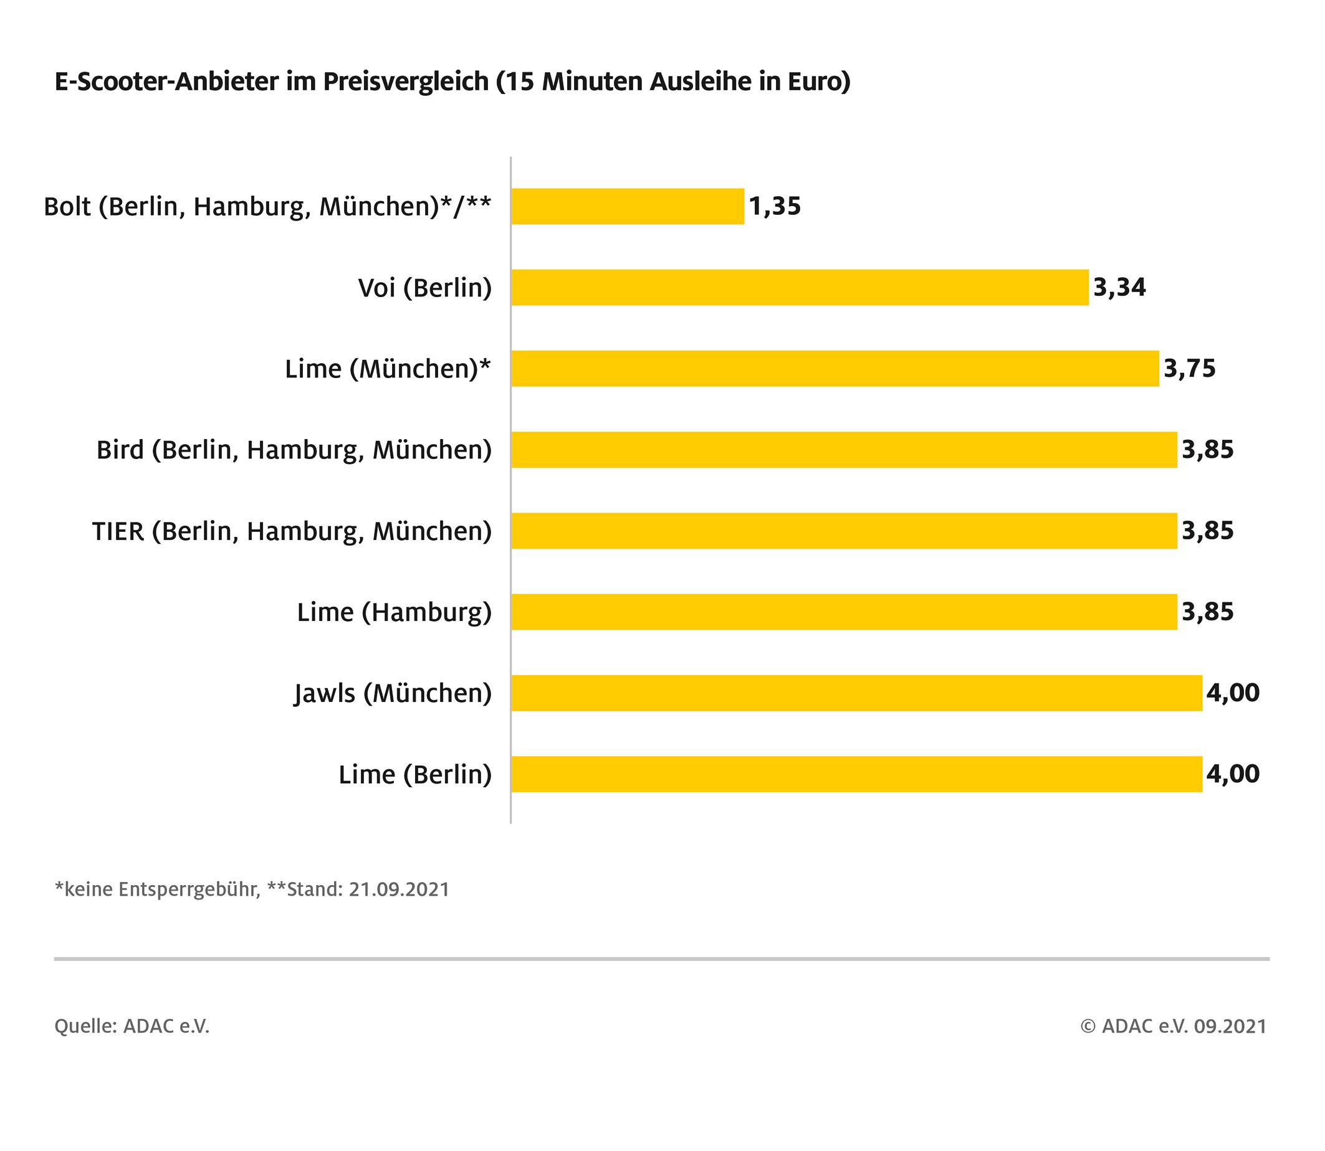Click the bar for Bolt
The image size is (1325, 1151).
(x=627, y=206)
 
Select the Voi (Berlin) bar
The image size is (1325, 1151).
(x=800, y=287)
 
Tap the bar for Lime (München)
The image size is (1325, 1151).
(x=835, y=369)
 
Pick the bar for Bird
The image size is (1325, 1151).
(x=844, y=450)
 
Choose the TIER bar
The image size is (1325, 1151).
(x=844, y=531)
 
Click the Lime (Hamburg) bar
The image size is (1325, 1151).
(x=844, y=612)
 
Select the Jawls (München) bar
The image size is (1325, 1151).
(x=856, y=693)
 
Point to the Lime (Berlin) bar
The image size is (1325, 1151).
(x=856, y=774)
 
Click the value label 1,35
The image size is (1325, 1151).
(x=775, y=206)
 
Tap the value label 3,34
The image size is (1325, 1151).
(x=1119, y=287)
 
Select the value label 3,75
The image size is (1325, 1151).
(x=1189, y=369)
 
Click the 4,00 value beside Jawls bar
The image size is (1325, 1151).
(x=1233, y=693)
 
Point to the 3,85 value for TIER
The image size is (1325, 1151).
(x=1207, y=531)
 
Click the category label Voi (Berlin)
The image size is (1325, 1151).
(x=425, y=288)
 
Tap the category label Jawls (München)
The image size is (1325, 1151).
(x=393, y=694)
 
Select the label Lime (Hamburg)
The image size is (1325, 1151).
(x=394, y=613)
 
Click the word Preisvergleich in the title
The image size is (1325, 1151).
(x=406, y=83)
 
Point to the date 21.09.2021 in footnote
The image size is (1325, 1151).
(x=398, y=889)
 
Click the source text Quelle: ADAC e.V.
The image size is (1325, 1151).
(x=132, y=1026)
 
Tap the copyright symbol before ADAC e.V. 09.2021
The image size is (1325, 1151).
(x=1088, y=1026)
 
